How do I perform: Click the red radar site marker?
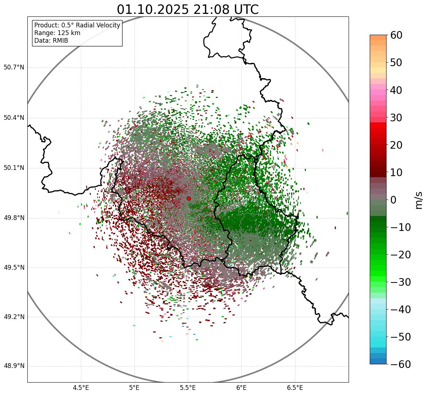click(189, 198)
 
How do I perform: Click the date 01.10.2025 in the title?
click(152, 10)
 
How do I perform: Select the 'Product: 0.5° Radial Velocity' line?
click(77, 25)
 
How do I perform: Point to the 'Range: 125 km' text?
click(57, 33)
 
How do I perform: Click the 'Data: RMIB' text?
click(51, 41)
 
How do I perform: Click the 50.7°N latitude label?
click(13, 68)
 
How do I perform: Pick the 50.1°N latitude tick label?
click(13, 168)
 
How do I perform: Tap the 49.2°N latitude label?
click(13, 317)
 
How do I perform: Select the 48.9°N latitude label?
click(13, 366)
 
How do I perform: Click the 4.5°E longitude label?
click(81, 388)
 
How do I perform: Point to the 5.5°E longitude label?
click(188, 388)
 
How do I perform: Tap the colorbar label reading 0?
click(393, 200)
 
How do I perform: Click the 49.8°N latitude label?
click(13, 218)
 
